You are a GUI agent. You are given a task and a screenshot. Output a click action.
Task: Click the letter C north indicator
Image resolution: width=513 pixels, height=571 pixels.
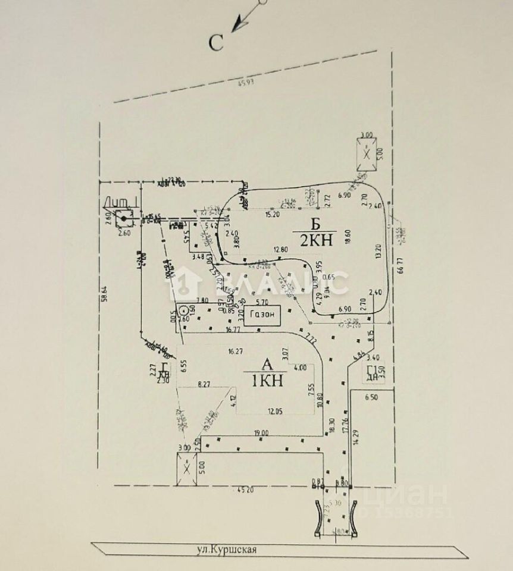[216, 42]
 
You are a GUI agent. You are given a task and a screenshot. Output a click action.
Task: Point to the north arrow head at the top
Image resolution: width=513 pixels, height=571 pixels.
[237, 24]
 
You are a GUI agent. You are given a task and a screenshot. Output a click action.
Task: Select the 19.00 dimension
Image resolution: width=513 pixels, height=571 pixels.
[261, 434]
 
